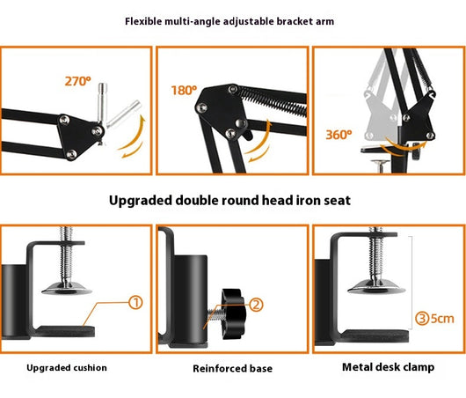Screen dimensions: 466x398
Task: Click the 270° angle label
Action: click(x=78, y=81)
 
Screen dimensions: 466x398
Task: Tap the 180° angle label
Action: click(x=184, y=91)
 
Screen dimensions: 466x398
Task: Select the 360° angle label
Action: click(x=339, y=135)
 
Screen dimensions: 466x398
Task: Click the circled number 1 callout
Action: click(x=135, y=302)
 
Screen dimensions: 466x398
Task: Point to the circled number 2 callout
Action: click(x=256, y=305)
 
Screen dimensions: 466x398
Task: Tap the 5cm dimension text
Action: click(x=442, y=319)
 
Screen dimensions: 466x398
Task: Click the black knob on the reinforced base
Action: click(x=233, y=313)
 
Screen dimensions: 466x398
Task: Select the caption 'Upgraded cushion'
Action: click(x=67, y=368)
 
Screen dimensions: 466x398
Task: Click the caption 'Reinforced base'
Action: click(x=232, y=369)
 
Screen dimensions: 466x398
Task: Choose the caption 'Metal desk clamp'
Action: click(x=388, y=367)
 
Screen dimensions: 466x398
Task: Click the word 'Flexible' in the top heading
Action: click(x=143, y=21)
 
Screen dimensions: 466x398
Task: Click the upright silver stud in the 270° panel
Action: click(x=102, y=103)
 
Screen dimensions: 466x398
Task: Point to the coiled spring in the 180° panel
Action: click(x=272, y=100)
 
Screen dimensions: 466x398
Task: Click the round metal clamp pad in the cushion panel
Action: click(x=67, y=288)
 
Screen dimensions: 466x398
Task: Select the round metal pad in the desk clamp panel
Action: click(x=376, y=287)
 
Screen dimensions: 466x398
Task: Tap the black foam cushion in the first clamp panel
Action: click(x=66, y=331)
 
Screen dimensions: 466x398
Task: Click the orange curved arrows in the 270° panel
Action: click(x=133, y=137)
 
